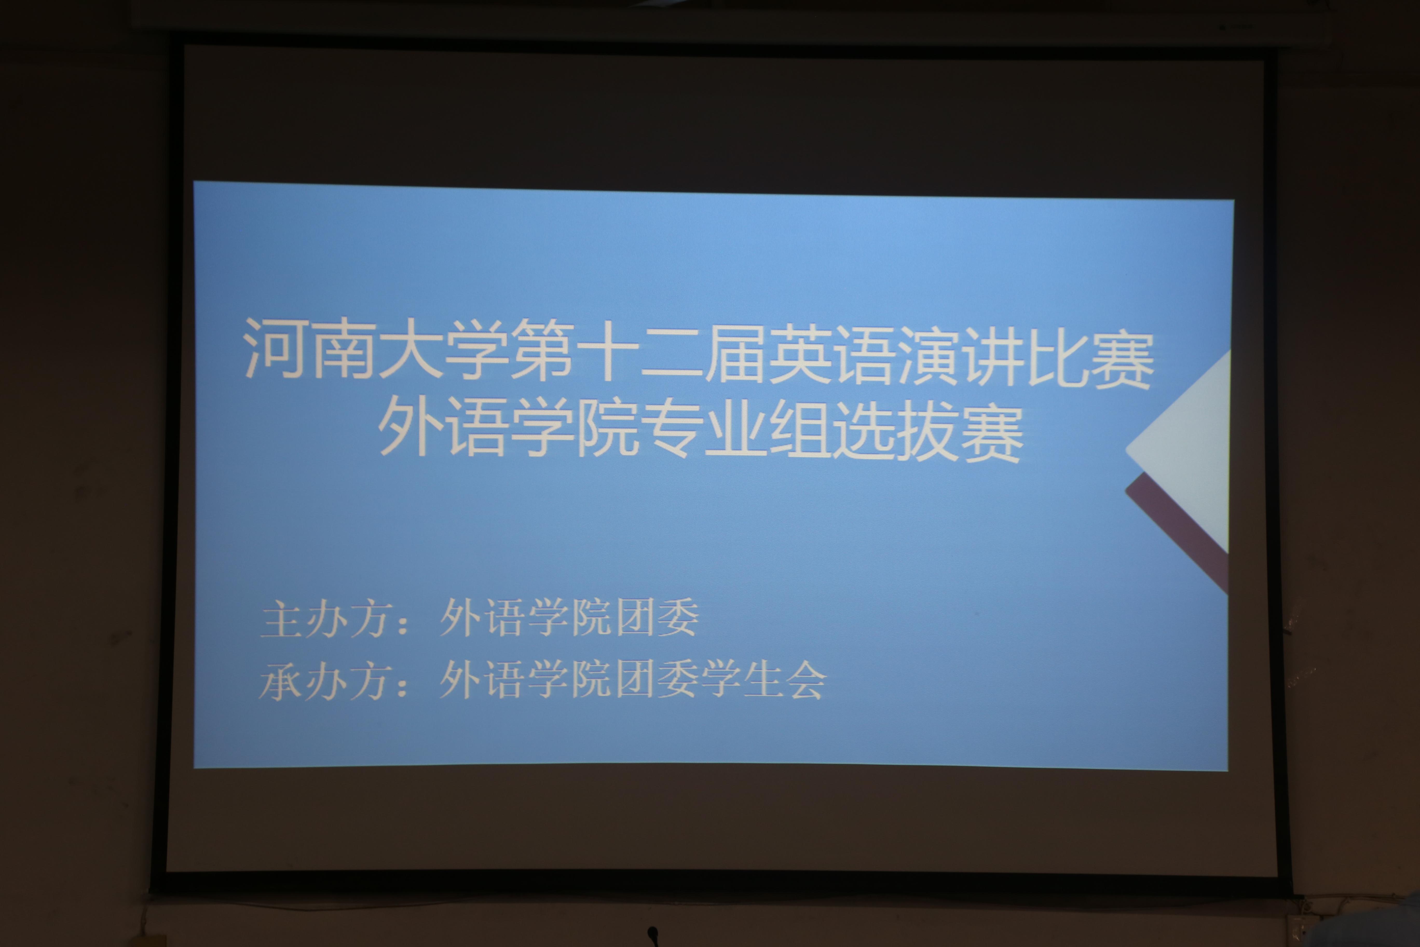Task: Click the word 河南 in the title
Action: coord(309,348)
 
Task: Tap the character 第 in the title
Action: coord(542,350)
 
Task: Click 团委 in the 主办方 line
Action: coord(657,617)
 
